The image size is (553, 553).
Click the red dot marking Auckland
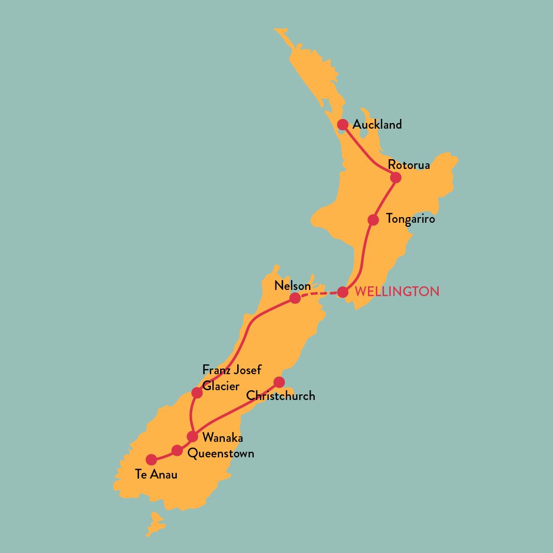pyautogui.click(x=343, y=125)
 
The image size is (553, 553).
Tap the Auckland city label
pyautogui.click(x=377, y=125)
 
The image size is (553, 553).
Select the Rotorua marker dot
pyautogui.click(x=395, y=178)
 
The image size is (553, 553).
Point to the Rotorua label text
pyautogui.click(x=409, y=165)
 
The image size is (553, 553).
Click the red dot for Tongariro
pyautogui.click(x=373, y=220)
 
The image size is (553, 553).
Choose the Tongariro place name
pyautogui.click(x=410, y=219)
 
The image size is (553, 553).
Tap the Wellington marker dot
pyautogui.click(x=343, y=292)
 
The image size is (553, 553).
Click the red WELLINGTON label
pyautogui.click(x=397, y=291)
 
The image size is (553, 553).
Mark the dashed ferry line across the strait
pyautogui.click(x=319, y=294)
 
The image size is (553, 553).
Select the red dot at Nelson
pyautogui.click(x=295, y=298)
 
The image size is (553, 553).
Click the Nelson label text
pyautogui.click(x=293, y=286)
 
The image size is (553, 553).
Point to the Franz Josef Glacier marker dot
pyautogui.click(x=197, y=393)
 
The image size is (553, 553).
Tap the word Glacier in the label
pyautogui.click(x=221, y=386)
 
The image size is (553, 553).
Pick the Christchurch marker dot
pyautogui.click(x=279, y=382)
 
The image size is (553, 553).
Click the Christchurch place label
pyautogui.click(x=281, y=396)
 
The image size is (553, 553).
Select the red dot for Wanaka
pyautogui.click(x=192, y=437)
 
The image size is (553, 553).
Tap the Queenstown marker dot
pyautogui.click(x=177, y=450)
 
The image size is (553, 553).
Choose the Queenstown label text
pyautogui.click(x=221, y=454)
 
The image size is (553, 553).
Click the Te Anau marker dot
pyautogui.click(x=151, y=459)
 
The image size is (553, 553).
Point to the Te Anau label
pyautogui.click(x=156, y=474)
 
